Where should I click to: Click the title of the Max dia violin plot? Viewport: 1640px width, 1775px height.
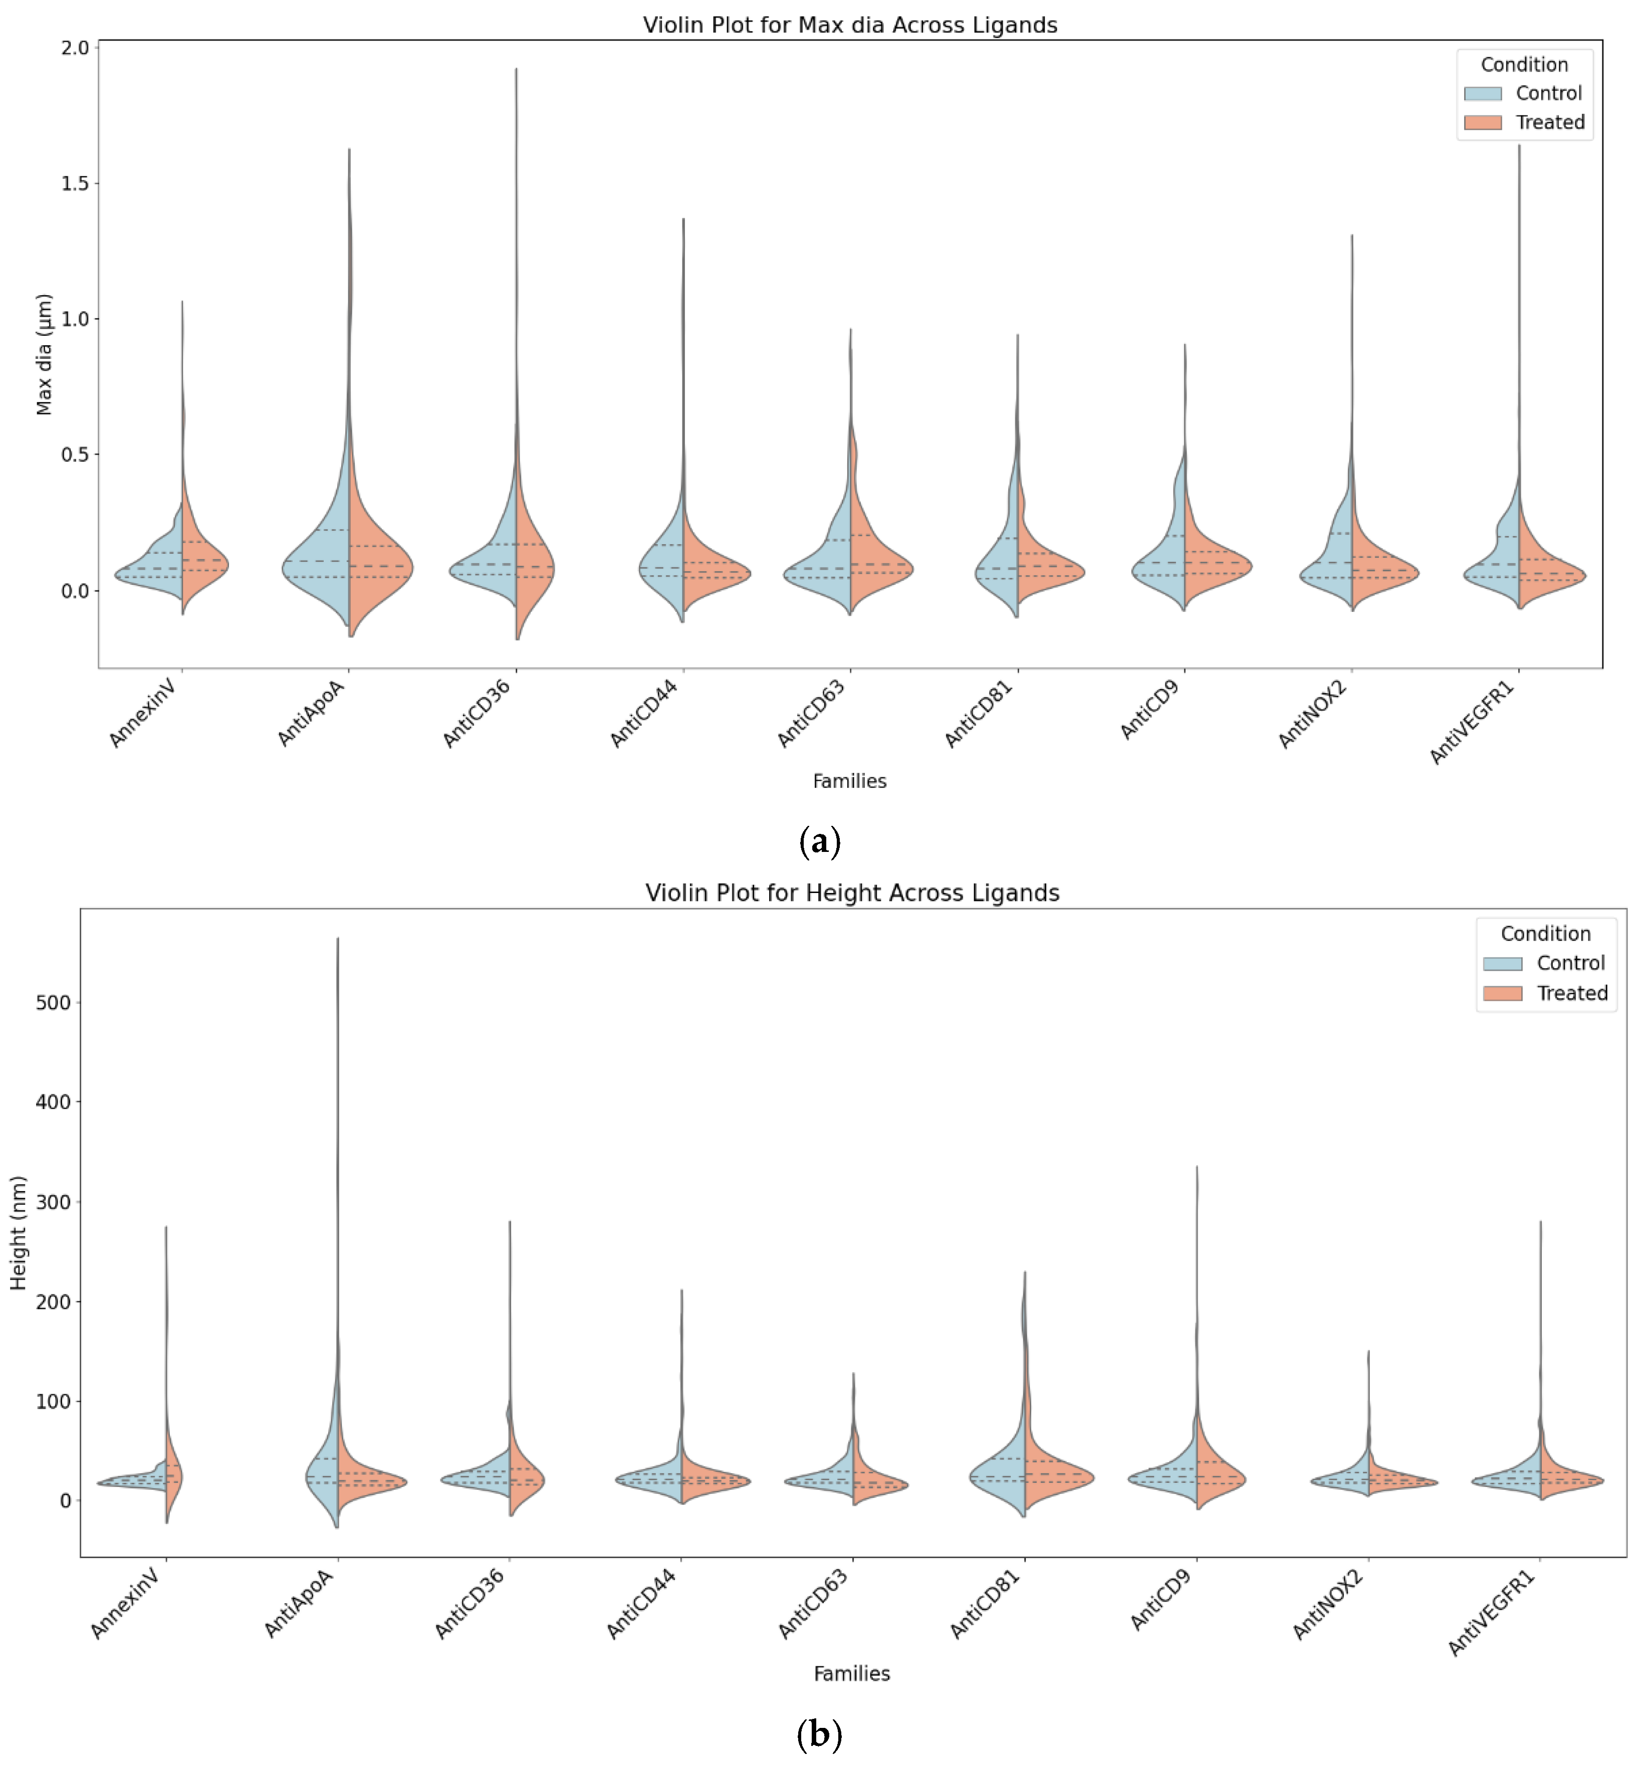pos(849,25)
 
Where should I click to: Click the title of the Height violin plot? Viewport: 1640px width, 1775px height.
pos(852,893)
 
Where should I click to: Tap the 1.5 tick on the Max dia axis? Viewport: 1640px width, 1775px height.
pos(76,184)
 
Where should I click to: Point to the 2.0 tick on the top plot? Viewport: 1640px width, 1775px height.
pos(76,48)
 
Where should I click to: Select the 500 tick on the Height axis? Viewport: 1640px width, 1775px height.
pos(53,1003)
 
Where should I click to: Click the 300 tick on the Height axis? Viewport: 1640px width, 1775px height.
pos(53,1203)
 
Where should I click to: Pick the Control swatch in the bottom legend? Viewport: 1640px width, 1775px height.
pos(1502,964)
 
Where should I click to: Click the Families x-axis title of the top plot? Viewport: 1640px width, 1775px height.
pos(849,781)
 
